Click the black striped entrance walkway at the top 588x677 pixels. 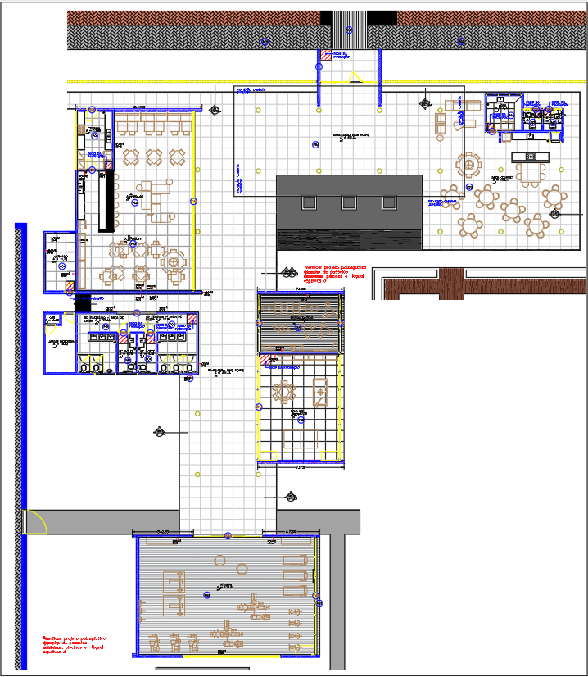(x=348, y=30)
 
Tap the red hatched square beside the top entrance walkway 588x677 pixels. (x=325, y=55)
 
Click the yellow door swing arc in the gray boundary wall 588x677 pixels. (x=34, y=521)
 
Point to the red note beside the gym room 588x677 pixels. (x=75, y=644)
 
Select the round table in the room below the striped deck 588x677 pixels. (x=284, y=393)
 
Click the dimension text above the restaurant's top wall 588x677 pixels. (x=136, y=107)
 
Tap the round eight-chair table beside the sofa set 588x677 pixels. (x=470, y=165)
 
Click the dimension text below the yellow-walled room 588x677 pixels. (x=301, y=468)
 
